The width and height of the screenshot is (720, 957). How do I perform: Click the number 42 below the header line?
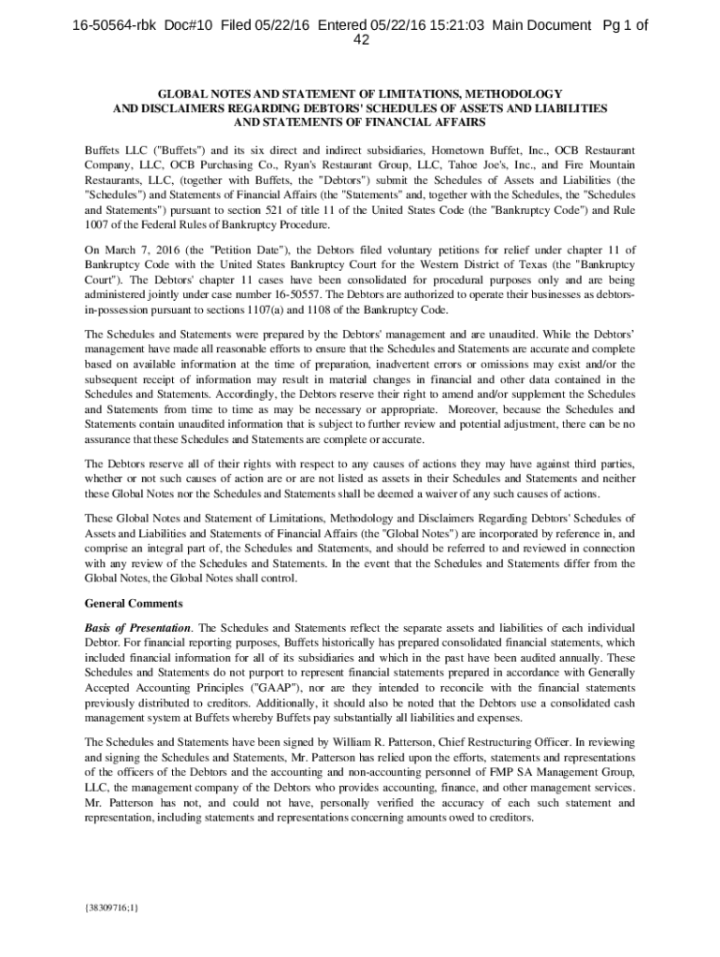coord(360,41)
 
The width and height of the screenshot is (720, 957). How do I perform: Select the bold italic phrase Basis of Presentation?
coord(138,627)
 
